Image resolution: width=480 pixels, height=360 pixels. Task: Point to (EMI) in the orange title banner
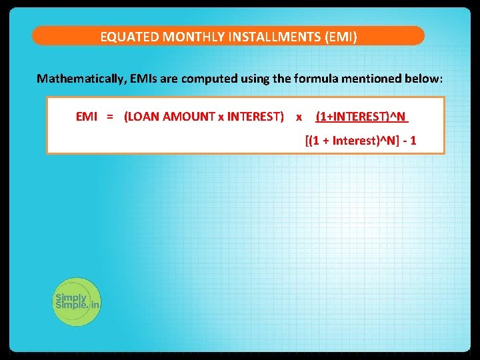click(x=341, y=37)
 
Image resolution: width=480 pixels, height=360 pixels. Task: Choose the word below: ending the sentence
click(x=423, y=79)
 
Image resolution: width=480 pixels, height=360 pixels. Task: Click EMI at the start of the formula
click(x=87, y=117)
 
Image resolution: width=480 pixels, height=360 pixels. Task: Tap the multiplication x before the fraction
click(x=299, y=117)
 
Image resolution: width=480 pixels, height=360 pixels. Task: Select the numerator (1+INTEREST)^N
click(x=361, y=117)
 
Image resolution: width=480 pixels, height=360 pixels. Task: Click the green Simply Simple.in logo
click(x=77, y=301)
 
